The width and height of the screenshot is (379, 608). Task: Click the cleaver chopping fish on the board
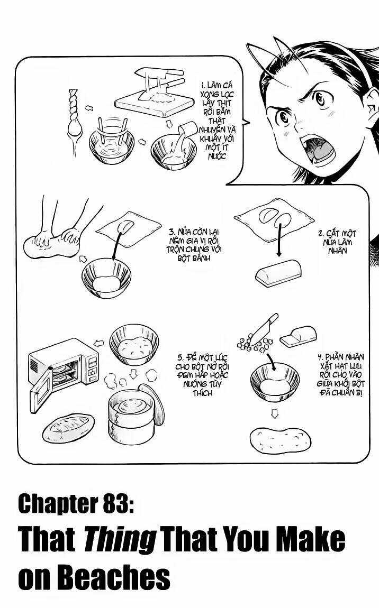pos(159,77)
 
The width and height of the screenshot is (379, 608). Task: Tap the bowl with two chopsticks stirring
pos(113,144)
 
